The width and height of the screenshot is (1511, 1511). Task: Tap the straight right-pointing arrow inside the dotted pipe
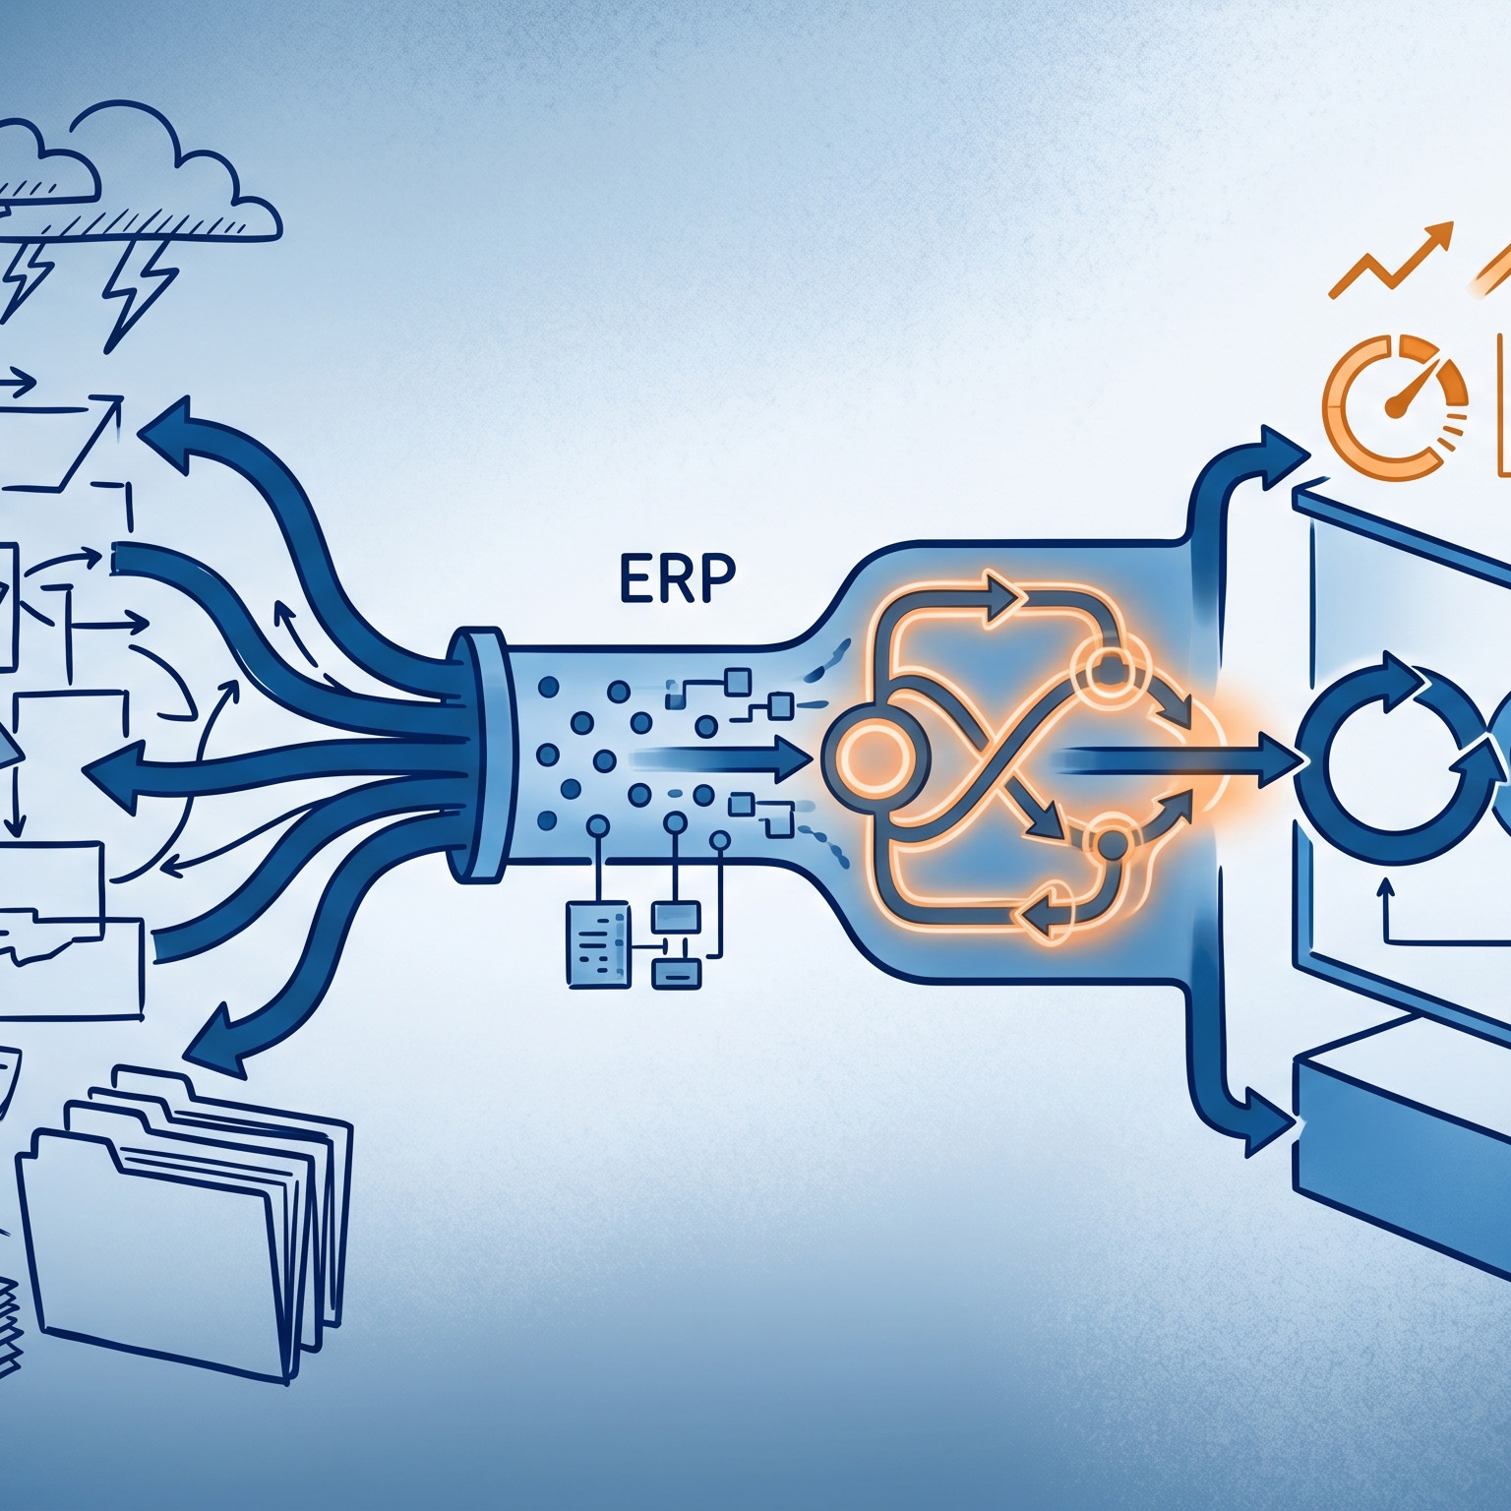(787, 755)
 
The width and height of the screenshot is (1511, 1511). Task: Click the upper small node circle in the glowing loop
(1108, 671)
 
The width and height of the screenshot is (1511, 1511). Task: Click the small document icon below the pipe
(596, 945)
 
